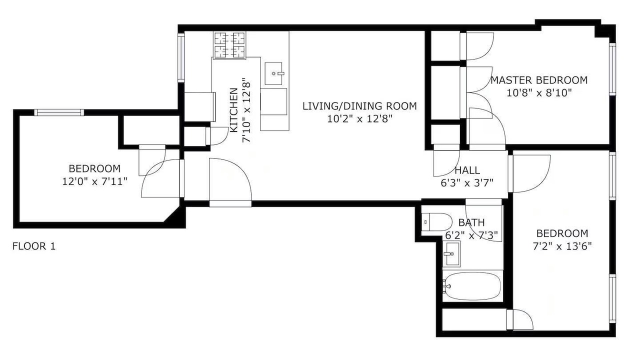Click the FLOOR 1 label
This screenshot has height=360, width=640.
(x=34, y=246)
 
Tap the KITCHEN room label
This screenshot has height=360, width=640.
(x=233, y=110)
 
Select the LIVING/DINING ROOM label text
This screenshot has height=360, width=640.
(x=359, y=106)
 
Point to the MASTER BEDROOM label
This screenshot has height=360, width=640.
(x=539, y=80)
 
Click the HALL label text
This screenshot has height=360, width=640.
(x=467, y=170)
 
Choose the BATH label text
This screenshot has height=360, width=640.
(x=471, y=222)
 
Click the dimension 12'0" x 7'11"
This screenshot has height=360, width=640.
(x=94, y=181)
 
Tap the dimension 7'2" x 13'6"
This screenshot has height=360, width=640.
(x=562, y=246)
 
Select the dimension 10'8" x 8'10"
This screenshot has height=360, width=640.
(x=539, y=93)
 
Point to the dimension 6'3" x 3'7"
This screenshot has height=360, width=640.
(x=467, y=182)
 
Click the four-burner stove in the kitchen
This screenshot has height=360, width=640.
(x=229, y=45)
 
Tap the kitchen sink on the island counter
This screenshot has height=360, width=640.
(x=273, y=73)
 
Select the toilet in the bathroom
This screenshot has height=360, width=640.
(x=437, y=222)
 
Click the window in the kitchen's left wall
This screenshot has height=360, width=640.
(x=181, y=58)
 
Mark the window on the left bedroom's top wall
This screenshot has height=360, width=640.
(x=59, y=112)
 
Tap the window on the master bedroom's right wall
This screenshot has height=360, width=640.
(x=612, y=69)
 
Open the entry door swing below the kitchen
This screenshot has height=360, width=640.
(x=230, y=179)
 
